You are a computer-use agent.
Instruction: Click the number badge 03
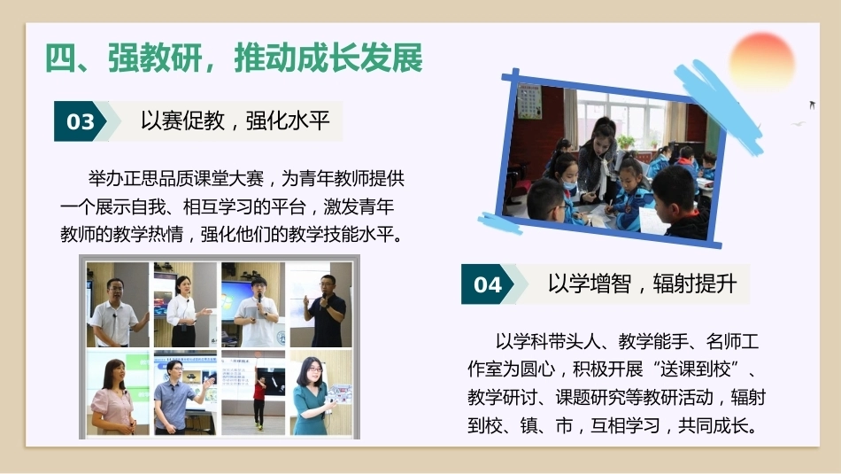click(x=81, y=121)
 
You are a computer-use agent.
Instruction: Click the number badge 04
click(x=487, y=284)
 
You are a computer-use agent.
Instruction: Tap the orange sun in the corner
click(x=761, y=60)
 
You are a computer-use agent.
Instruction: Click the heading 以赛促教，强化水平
click(x=235, y=120)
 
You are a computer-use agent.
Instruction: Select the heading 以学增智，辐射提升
click(x=642, y=284)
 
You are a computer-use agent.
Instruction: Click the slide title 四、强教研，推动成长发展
click(x=234, y=58)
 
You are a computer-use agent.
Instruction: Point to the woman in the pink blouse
click(x=112, y=397)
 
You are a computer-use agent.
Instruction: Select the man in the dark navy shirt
click(x=326, y=311)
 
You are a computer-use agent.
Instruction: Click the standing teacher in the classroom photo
click(x=598, y=160)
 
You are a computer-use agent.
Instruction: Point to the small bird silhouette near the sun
click(x=812, y=105)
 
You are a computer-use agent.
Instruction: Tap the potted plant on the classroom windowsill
click(x=625, y=141)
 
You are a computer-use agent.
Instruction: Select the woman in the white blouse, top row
click(x=183, y=311)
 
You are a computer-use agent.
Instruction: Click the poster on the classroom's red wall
click(x=529, y=100)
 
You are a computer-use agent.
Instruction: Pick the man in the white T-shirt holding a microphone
click(x=257, y=313)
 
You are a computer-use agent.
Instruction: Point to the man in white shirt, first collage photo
click(x=116, y=313)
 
